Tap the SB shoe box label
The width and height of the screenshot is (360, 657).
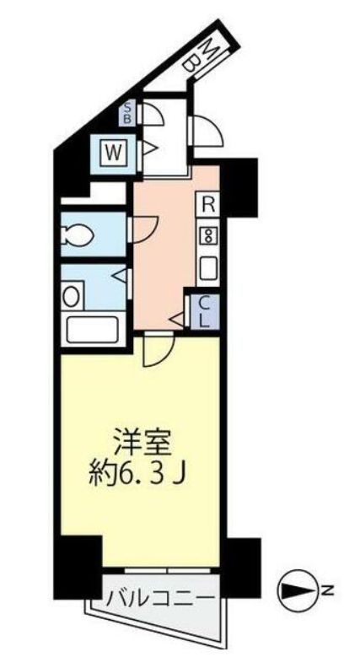click(x=128, y=112)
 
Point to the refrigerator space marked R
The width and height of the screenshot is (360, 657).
click(x=208, y=202)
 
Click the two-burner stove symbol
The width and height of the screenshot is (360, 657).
click(x=207, y=235)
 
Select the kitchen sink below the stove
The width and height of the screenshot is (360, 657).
click(x=207, y=267)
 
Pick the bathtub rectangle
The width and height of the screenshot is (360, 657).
click(x=91, y=328)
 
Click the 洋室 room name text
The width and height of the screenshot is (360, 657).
click(x=138, y=440)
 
